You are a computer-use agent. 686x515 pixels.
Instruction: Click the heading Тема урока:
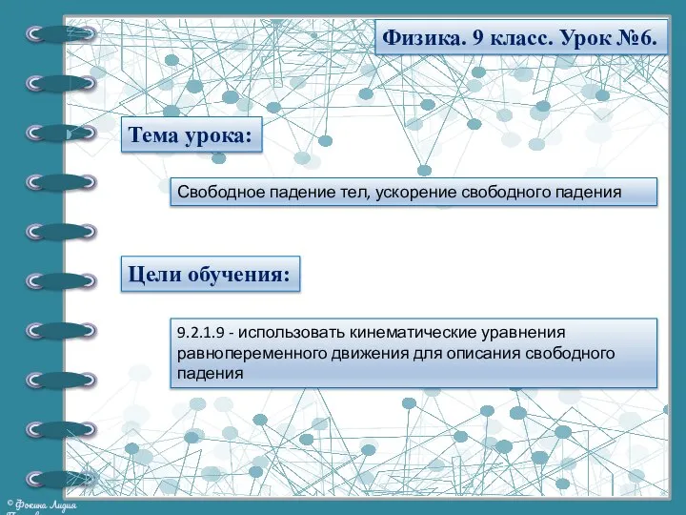(x=191, y=136)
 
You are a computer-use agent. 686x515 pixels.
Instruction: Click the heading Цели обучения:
(x=210, y=275)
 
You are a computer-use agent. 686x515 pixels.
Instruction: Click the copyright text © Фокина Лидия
(x=43, y=503)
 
